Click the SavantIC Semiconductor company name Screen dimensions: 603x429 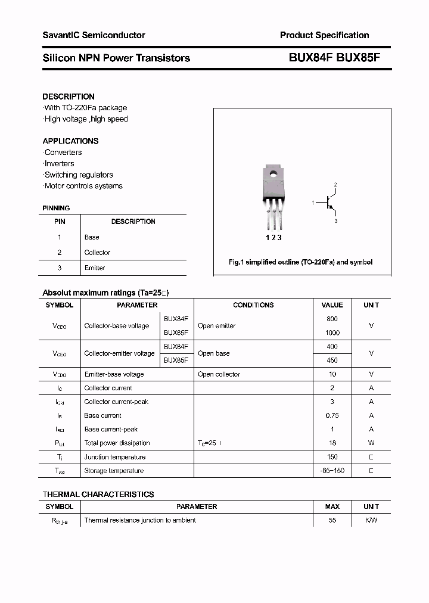(94, 35)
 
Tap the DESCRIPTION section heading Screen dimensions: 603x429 (69, 97)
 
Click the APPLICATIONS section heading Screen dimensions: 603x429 (70, 141)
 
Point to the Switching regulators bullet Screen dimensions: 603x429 (79, 175)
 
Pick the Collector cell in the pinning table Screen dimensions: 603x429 (97, 253)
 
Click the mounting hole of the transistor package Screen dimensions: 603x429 (273, 175)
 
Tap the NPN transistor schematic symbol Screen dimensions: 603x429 (329, 203)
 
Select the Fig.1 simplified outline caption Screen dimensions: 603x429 (300, 262)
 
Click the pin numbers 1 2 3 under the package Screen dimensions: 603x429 (273, 238)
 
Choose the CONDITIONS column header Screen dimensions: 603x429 (253, 305)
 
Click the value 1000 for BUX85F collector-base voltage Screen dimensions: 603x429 (332, 332)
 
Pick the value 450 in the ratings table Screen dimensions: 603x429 (332, 360)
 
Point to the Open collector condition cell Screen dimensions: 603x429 (219, 374)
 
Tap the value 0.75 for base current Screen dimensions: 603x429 (332, 415)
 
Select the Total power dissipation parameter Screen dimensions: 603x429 (117, 443)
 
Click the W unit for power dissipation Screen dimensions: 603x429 (371, 443)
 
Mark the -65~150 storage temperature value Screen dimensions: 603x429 (332, 471)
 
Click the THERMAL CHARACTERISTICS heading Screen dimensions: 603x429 (98, 494)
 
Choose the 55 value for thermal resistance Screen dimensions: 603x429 (332, 520)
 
